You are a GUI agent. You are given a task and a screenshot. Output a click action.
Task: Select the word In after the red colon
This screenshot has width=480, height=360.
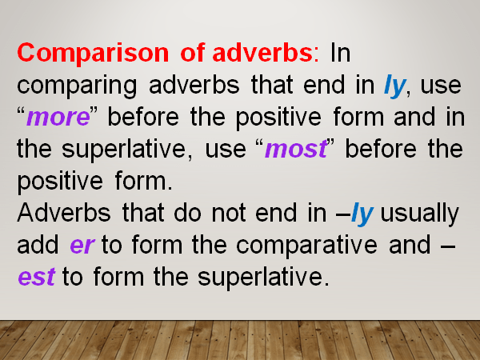click(340, 54)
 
